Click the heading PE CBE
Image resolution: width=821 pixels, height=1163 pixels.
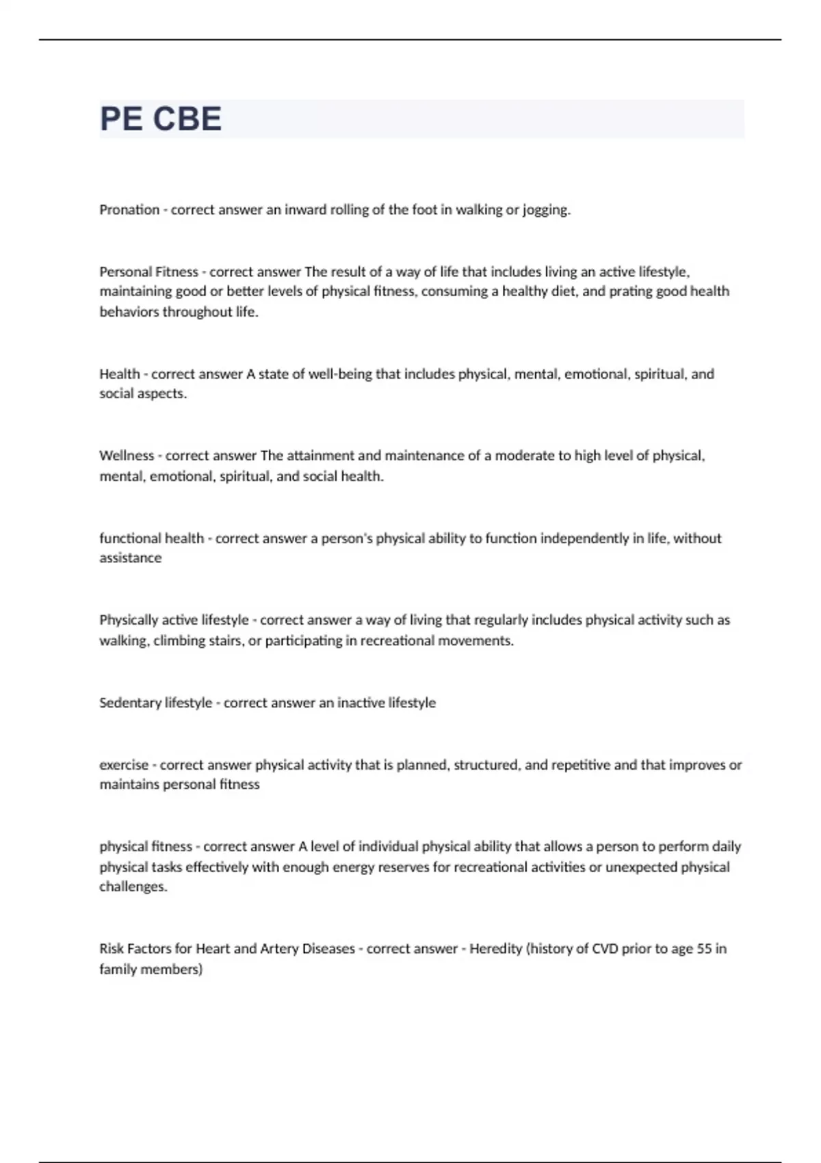click(x=161, y=119)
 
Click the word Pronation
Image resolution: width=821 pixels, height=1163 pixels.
click(x=129, y=210)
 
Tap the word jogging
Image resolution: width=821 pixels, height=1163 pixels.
click(x=546, y=210)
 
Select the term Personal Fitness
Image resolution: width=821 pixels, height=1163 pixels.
click(x=148, y=272)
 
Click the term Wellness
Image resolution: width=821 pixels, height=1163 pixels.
click(x=127, y=456)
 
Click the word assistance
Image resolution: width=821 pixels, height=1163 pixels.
click(x=131, y=558)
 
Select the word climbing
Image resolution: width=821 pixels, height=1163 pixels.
click(x=178, y=641)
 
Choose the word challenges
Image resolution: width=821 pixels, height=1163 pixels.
click(x=133, y=887)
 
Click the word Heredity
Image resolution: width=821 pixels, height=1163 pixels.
click(x=496, y=949)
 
